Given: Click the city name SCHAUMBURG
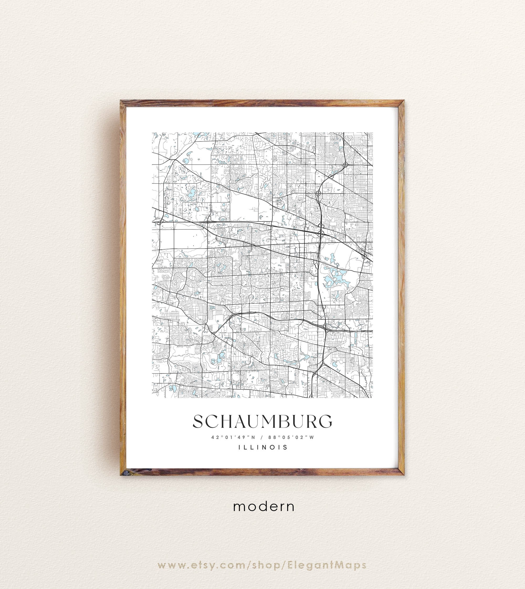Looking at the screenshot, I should coord(262,422).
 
